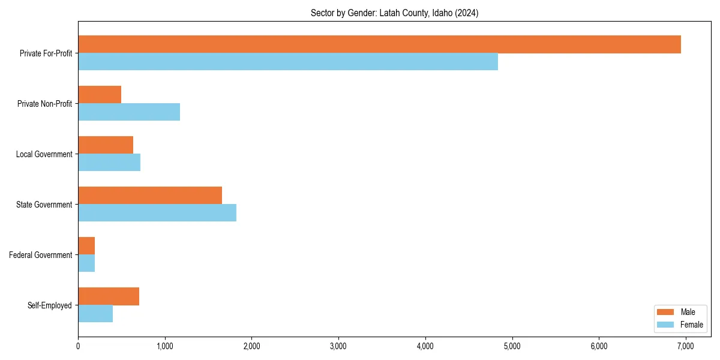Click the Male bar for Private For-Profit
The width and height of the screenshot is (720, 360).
(x=379, y=44)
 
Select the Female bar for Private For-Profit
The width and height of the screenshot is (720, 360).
(x=288, y=62)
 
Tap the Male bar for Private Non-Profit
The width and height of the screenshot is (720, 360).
(x=100, y=95)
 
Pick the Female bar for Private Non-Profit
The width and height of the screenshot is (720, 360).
(x=129, y=112)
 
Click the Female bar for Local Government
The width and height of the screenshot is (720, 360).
(x=109, y=163)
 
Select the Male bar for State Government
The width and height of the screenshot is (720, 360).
(x=150, y=196)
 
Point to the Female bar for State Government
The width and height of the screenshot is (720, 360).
(x=157, y=213)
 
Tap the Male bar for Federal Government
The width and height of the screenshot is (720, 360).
(x=86, y=246)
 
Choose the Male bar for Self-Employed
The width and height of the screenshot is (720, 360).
(x=109, y=296)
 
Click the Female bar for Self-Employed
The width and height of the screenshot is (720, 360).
(x=95, y=314)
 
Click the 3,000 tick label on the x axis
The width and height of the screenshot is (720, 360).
(x=338, y=346)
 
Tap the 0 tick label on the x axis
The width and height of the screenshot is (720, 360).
(x=78, y=346)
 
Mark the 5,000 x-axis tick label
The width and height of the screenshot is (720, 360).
(x=512, y=346)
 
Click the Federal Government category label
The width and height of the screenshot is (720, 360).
(x=41, y=255)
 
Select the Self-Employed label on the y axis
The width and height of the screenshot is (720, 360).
(x=49, y=305)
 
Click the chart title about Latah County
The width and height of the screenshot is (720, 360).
(x=394, y=13)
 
